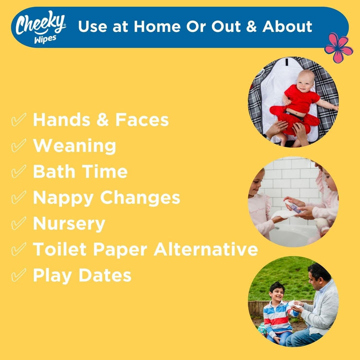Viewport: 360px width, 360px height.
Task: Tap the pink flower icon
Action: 338,47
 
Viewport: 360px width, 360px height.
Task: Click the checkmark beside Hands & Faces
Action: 18,120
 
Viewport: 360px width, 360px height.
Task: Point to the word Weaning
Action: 74,146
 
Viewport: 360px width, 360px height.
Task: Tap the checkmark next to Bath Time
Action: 18,172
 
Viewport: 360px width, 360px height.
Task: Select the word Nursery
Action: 69,223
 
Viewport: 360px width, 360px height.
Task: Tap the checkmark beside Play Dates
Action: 18,275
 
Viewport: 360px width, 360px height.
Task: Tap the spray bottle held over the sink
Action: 293,205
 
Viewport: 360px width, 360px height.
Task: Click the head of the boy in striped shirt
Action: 276,290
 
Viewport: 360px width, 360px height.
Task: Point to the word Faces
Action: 141,120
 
